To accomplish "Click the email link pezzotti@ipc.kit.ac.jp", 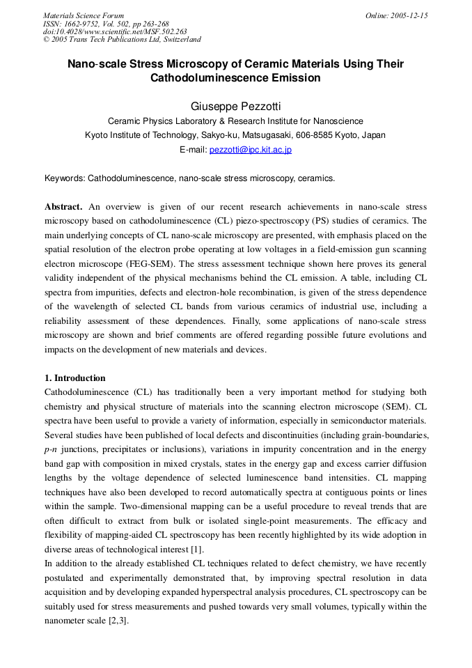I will pos(251,150).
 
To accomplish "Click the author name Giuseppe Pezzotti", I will pos(235,106).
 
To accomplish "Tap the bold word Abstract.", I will pos(63,207).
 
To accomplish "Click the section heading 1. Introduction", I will pos(75,378).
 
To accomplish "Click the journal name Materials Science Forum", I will pos(84,15).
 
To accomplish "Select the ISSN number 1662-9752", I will pos(82,24).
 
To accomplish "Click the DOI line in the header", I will pos(115,31).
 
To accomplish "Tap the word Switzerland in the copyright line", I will pos(182,40).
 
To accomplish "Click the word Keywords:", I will pos(65,178).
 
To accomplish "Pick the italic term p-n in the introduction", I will pos(51,449).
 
